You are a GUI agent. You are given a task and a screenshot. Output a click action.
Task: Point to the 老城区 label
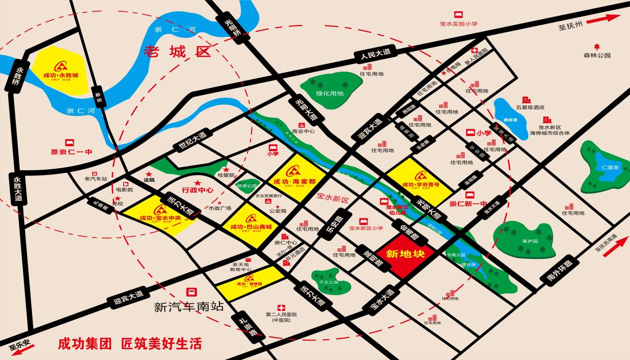coord(177,51)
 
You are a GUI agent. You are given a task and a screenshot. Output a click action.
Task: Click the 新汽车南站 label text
coord(189,307)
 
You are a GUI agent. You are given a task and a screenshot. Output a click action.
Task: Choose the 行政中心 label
coord(197,190)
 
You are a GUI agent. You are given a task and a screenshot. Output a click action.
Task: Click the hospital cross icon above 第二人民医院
coord(280,308)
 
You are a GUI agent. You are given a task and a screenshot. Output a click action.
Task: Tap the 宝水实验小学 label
coord(458,24)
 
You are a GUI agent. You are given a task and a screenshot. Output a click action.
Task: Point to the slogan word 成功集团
coord(84,343)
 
